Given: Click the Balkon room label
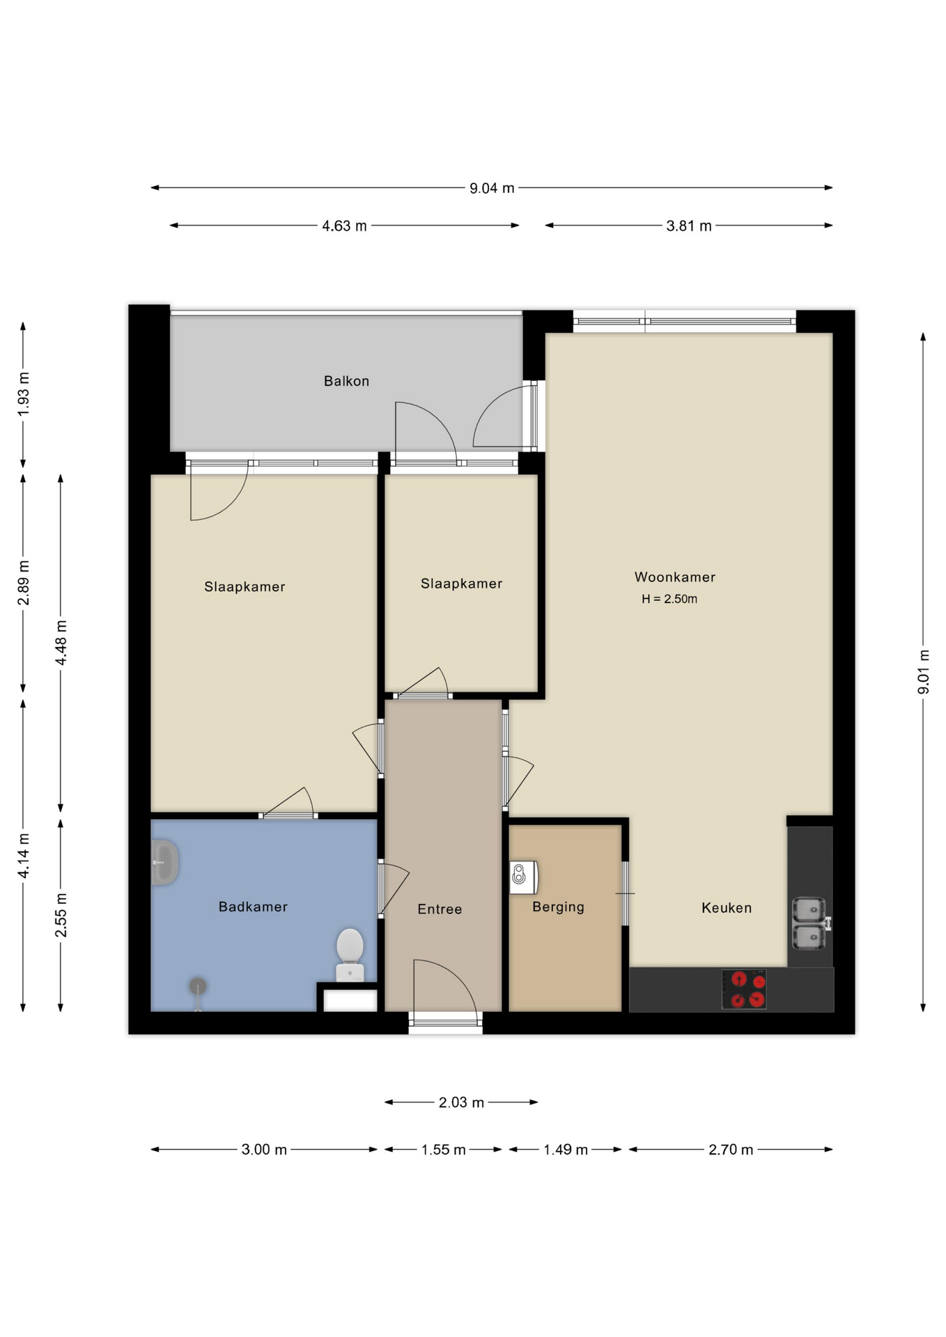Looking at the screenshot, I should [346, 381].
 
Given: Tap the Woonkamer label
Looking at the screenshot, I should [674, 577].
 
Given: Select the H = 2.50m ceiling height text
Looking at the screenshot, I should [669, 599].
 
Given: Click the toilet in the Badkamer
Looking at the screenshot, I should [350, 954].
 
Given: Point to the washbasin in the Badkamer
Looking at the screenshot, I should [165, 862].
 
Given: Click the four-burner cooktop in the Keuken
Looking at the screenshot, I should [743, 990].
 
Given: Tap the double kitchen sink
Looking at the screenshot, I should [809, 923].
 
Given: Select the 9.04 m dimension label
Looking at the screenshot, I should [492, 188].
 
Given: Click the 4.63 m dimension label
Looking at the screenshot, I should [344, 226].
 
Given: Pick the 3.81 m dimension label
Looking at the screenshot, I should [688, 226].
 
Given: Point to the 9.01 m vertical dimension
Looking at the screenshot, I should [923, 671].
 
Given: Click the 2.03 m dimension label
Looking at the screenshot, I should [461, 1102].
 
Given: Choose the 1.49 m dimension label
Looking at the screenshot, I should [565, 1150].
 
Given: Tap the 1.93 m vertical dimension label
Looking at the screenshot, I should [24, 394].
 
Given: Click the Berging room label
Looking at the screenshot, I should [558, 907].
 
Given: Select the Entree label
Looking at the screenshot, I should [440, 909].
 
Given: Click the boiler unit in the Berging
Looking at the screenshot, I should [523, 877].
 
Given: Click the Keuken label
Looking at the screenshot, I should [727, 907].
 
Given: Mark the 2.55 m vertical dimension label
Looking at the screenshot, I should [61, 914].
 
